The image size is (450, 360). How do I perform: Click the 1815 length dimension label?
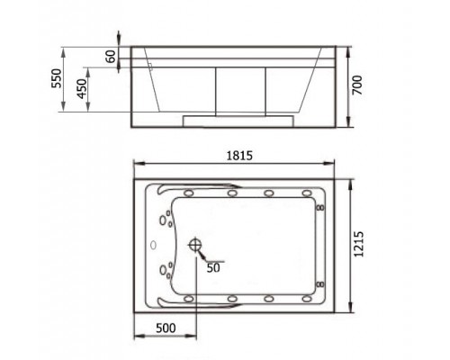(239, 156)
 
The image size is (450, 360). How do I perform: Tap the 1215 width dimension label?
(358, 244)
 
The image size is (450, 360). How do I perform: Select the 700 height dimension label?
(357, 85)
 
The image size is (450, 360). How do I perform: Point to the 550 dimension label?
(57, 78)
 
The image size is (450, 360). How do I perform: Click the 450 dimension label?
(82, 89)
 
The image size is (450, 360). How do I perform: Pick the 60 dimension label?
(111, 57)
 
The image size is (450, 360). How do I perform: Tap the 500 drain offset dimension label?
(166, 328)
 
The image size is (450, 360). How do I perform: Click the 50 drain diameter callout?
(213, 268)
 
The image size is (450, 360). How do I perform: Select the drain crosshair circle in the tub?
(195, 245)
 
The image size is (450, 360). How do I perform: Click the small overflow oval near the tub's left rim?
(153, 245)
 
